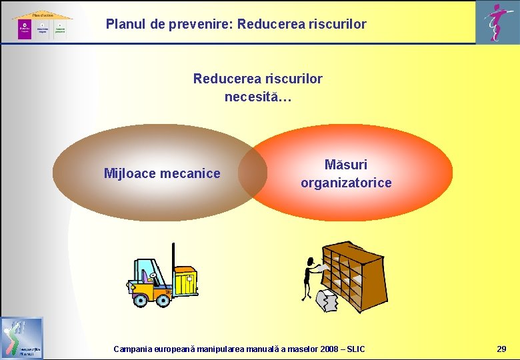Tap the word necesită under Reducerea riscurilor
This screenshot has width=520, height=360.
coord(257,97)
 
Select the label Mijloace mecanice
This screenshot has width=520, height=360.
coord(162,174)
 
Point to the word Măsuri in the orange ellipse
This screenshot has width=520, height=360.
coord(346,165)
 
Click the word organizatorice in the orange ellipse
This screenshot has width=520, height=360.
coord(346,183)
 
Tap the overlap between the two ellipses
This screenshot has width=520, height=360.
coord(253,173)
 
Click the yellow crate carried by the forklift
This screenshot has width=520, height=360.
coord(184,279)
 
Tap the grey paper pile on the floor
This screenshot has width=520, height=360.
coord(332,301)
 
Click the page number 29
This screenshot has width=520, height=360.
coord(501,349)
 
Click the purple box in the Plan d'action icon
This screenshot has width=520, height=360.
coord(24,29)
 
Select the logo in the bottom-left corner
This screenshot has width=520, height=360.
coord(22,338)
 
